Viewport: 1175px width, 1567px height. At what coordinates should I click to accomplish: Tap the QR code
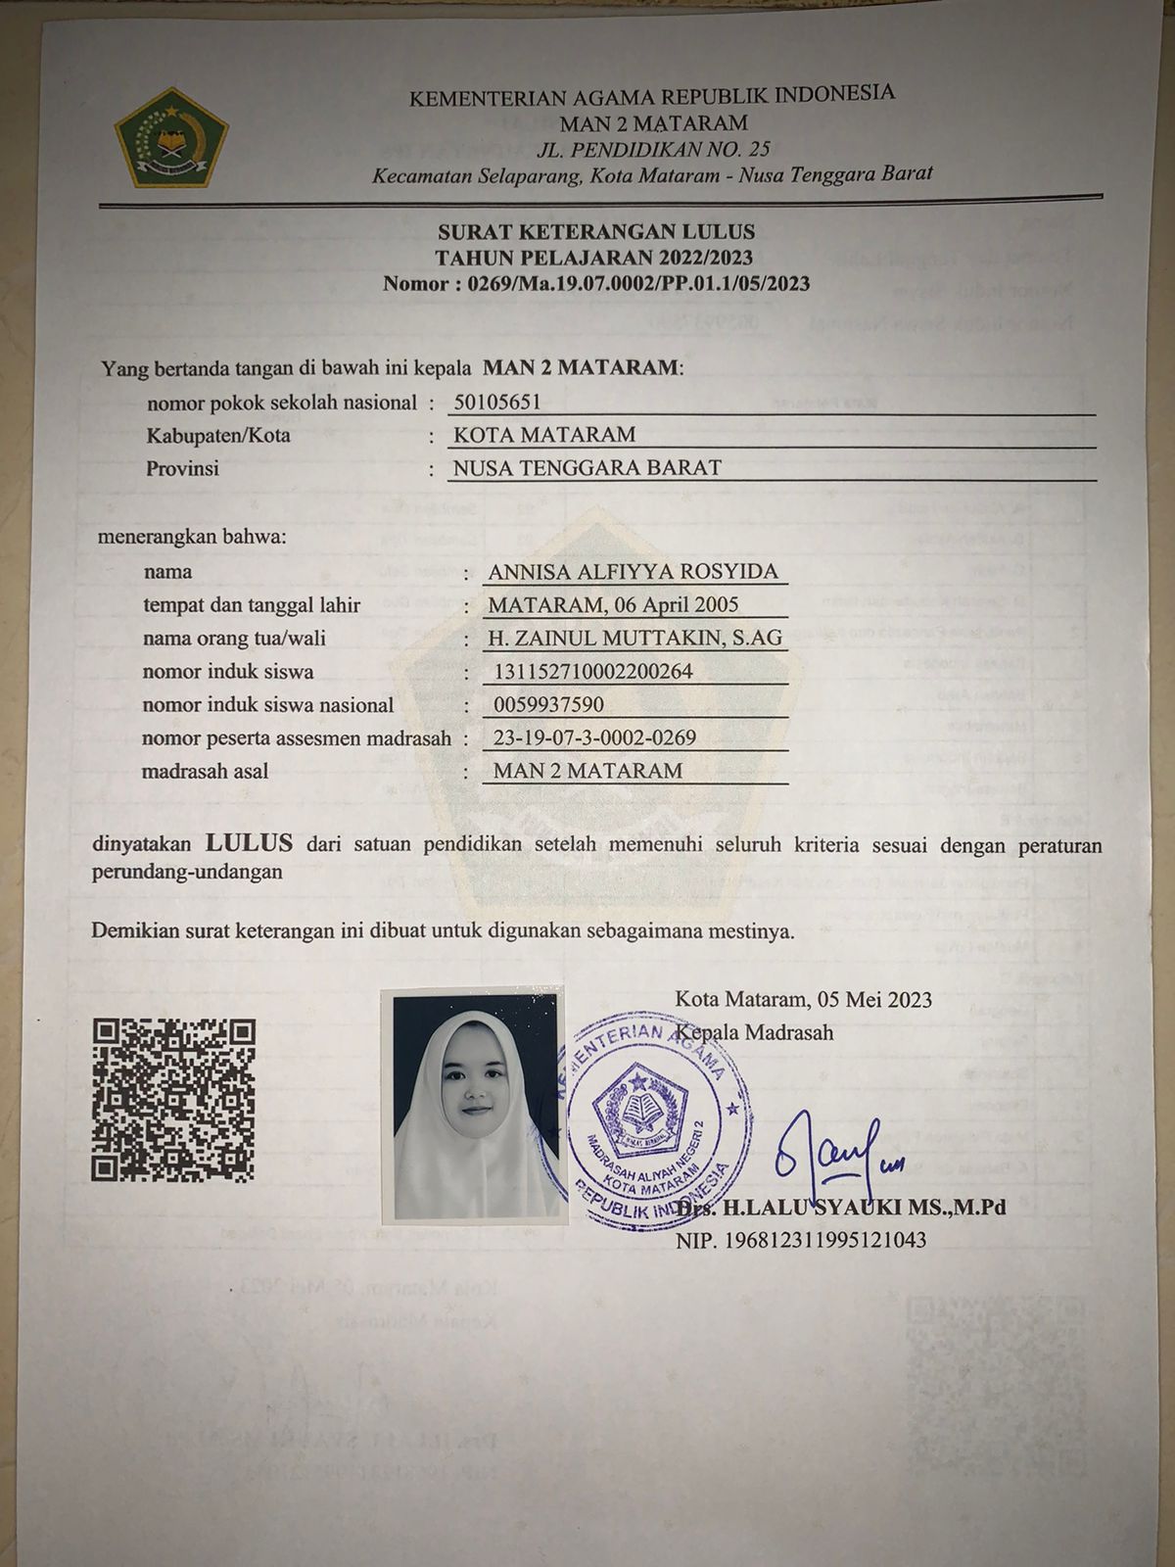[x=173, y=1099]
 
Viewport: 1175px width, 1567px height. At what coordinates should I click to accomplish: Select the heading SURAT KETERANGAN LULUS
[x=596, y=232]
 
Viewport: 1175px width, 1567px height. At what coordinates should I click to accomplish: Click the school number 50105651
[x=497, y=402]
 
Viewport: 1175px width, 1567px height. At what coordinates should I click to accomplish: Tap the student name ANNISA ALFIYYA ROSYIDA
[x=633, y=572]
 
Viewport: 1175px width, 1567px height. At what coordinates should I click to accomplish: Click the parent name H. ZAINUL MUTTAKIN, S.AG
[x=635, y=639]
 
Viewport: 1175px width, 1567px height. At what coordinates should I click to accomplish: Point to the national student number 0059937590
[x=548, y=704]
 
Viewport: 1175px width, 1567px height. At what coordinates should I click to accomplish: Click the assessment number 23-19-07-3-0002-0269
[x=594, y=737]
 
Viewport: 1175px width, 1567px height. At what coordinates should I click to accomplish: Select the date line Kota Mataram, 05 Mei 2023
[x=803, y=999]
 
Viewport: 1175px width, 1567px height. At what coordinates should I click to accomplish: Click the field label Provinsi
[x=182, y=468]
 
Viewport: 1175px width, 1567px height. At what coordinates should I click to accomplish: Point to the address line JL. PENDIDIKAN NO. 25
[x=653, y=149]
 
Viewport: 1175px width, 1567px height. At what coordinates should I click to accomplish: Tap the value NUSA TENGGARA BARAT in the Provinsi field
[x=587, y=468]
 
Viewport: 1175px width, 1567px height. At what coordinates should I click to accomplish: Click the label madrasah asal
[x=205, y=771]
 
